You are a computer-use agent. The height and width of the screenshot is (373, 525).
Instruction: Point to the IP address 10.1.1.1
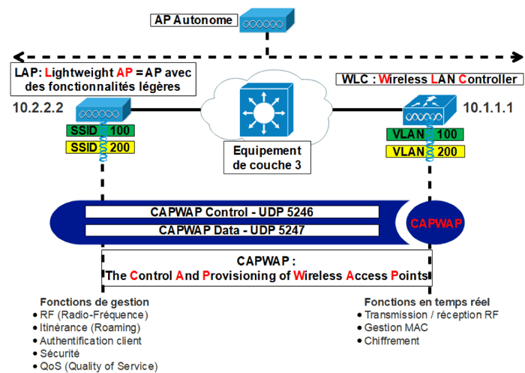click(x=487, y=109)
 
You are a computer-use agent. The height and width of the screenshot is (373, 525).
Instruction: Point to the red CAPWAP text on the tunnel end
click(x=436, y=223)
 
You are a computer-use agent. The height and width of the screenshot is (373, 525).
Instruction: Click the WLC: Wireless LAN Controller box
click(x=428, y=79)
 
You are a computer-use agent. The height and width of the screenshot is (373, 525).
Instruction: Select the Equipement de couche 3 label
click(x=266, y=158)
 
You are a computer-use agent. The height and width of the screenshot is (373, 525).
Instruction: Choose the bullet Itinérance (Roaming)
click(x=90, y=328)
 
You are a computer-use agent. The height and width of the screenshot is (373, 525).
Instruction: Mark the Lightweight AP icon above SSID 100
click(x=100, y=113)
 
